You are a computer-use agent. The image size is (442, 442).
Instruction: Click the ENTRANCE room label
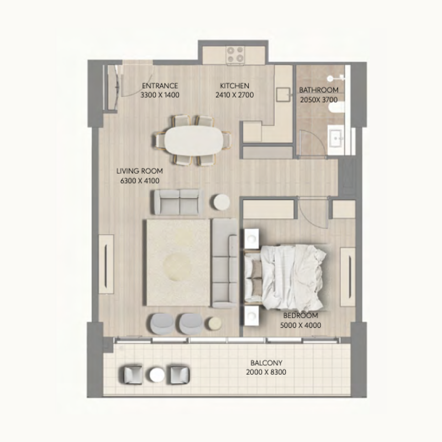coord(160,86)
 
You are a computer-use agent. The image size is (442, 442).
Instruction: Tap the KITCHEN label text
coord(234,86)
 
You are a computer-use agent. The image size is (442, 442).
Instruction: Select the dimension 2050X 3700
coord(319,100)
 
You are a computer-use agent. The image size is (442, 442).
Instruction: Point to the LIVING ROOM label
coord(140,171)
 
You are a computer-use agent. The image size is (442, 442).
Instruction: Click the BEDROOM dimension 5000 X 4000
coord(301,325)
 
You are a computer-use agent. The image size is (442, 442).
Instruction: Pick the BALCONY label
coord(266,362)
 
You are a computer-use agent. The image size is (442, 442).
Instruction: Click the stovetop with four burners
coord(235,55)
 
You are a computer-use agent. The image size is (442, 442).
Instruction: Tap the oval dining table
coord(193,140)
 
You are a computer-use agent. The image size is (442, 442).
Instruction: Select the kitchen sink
coord(283,94)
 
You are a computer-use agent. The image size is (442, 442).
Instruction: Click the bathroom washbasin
coord(336,138)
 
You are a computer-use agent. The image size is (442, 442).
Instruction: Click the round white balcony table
coord(157,375)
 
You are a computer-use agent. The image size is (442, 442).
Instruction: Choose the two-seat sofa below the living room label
coord(178,202)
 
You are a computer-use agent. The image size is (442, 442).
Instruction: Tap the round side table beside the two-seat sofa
coord(222,202)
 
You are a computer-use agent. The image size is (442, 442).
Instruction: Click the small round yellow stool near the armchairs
coord(214,323)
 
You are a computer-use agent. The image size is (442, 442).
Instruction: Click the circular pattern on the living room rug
coord(177,266)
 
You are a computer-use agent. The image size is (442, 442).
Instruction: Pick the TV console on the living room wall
coord(106,264)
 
